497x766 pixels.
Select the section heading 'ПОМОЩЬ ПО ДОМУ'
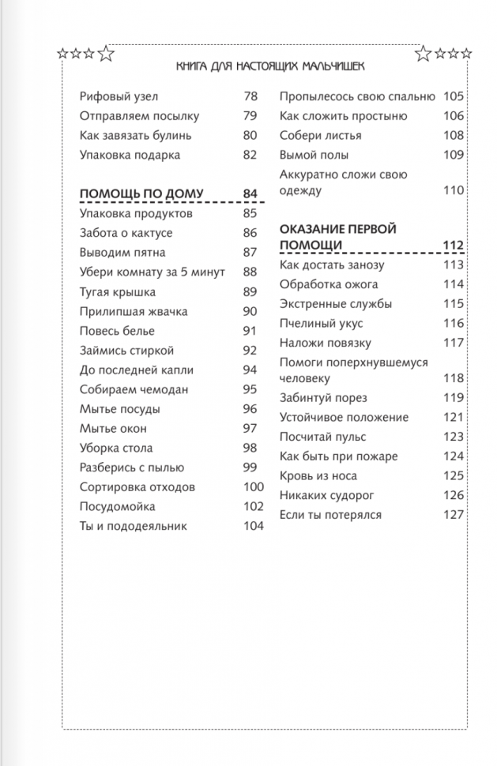point(141,194)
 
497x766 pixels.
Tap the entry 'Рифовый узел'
point(119,97)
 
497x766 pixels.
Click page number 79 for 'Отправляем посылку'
point(250,117)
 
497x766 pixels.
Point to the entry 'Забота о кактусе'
point(126,234)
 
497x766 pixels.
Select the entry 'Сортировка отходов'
point(137,488)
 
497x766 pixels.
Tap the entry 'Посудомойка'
point(118,507)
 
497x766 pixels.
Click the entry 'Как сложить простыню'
point(344,117)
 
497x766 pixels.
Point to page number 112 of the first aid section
point(453,246)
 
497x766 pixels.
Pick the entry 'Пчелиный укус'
point(317,324)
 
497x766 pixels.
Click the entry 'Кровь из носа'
point(318,476)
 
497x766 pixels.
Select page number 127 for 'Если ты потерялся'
point(453,516)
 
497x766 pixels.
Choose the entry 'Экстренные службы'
point(336,305)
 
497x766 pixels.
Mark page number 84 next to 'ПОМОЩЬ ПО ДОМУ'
point(250,194)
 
